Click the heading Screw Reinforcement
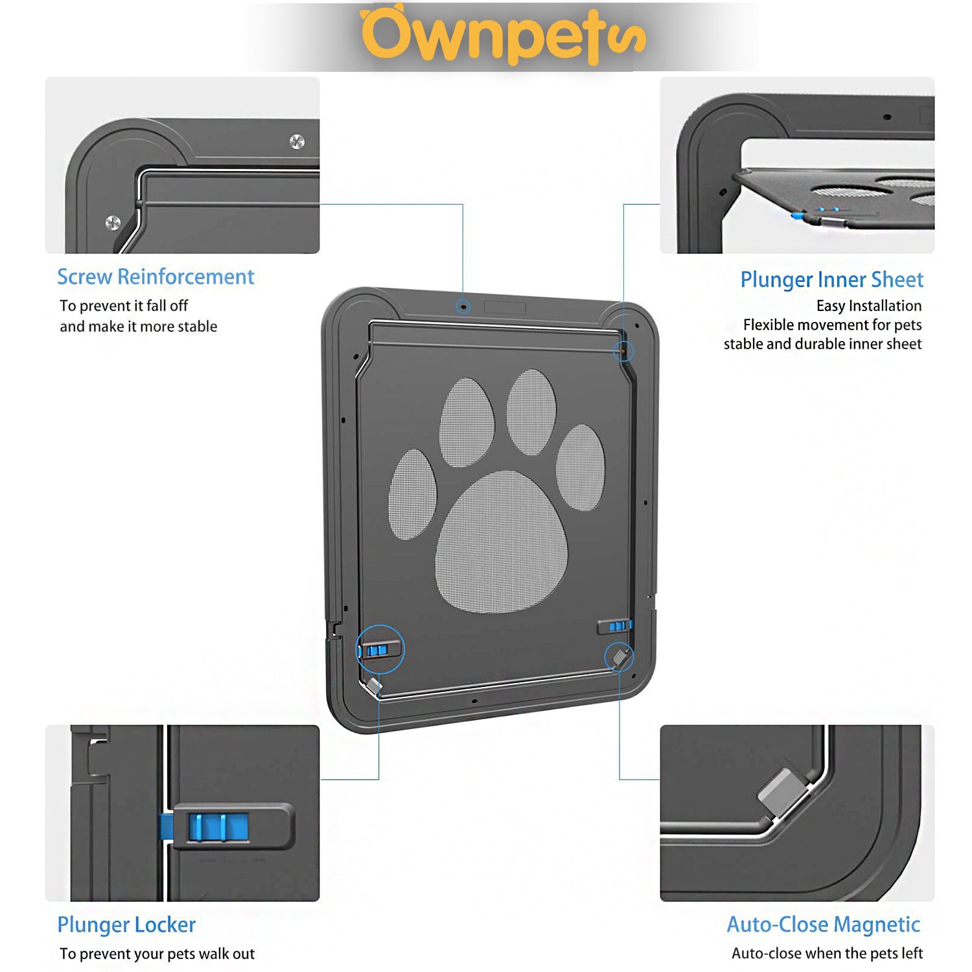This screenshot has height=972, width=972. point(156,277)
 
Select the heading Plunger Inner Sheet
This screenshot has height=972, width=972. point(831,279)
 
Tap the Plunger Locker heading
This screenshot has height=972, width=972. point(126,925)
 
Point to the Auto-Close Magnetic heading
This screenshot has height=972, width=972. point(823,924)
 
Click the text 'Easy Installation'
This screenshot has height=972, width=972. point(868,306)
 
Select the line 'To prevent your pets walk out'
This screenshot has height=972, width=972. point(157,954)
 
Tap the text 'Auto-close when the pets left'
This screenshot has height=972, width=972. point(827,953)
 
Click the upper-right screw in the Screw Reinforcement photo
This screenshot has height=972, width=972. point(297,142)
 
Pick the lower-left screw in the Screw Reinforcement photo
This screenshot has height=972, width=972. point(113,222)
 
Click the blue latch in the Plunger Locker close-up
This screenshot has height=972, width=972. point(218,827)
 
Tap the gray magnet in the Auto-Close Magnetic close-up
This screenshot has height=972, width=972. point(783,791)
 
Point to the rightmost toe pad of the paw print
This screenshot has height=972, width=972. point(581,467)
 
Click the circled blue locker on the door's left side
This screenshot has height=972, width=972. point(377,649)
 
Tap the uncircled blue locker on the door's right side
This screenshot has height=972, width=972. point(616,626)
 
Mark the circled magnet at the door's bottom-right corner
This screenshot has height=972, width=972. point(620,657)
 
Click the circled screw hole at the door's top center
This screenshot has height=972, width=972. point(463,307)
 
